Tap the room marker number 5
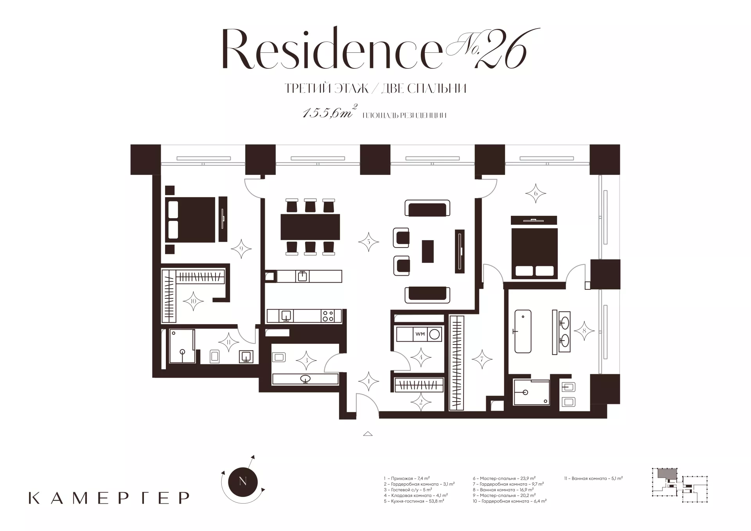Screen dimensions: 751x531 click(368, 242)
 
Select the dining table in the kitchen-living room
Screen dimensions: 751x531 click(310, 227)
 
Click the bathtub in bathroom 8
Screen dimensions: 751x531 click(523, 331)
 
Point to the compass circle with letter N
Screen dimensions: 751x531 click(243, 481)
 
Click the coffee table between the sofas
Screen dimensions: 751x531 click(428, 251)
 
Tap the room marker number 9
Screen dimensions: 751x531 click(241, 249)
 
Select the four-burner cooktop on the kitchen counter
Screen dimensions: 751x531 click(328, 316)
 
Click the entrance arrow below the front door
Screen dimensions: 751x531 click(368, 433)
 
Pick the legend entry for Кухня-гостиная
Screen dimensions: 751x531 click(414, 501)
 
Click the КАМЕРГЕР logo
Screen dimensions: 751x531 click(109, 497)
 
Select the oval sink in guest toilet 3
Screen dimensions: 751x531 click(305, 379)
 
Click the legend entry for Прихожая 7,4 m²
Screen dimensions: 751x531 click(407, 478)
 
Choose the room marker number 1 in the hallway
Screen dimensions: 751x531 click(369, 381)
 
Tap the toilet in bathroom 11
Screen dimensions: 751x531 click(215, 356)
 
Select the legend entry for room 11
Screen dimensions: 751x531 click(593, 478)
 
